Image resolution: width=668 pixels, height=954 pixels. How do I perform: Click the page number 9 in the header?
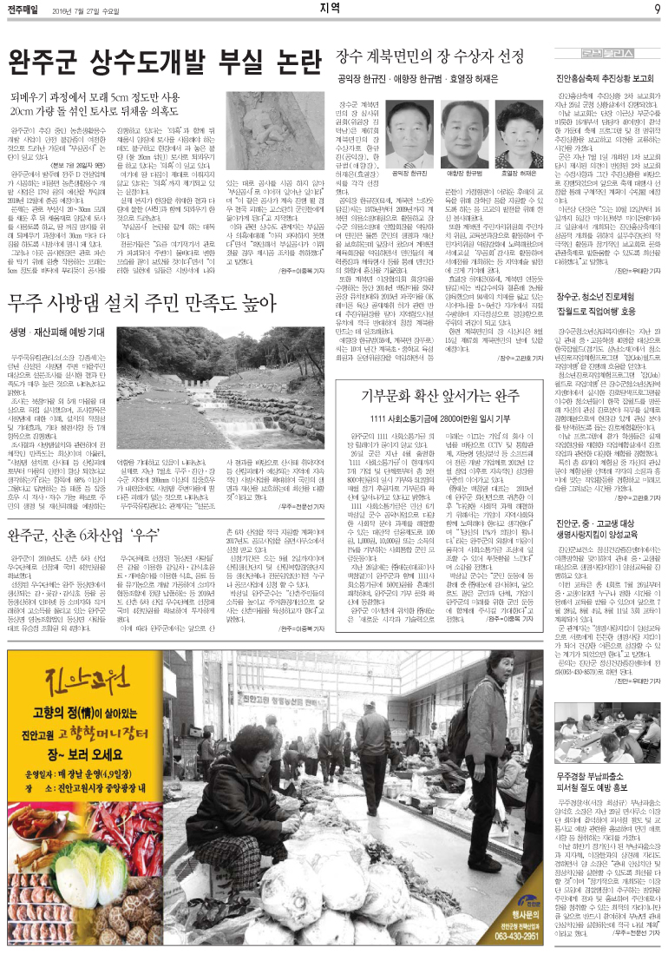657,10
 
